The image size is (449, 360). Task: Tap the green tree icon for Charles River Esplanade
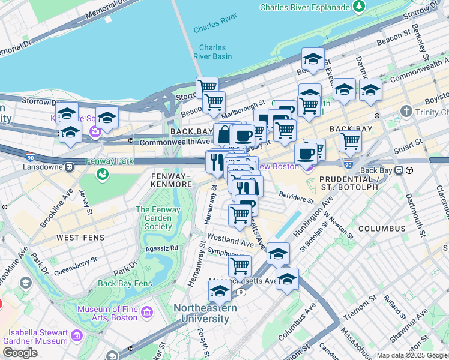pos(359,7)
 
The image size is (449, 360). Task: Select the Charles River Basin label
pos(212,52)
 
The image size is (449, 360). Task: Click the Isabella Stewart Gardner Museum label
pos(35,337)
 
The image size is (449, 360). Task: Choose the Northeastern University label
pos(205,313)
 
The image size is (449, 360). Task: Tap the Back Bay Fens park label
pos(125,283)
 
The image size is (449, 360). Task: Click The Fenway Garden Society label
pos(158,218)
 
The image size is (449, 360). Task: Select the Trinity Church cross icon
pos(406,112)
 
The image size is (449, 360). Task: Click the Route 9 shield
pos(241,292)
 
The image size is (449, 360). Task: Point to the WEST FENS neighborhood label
pos(80,238)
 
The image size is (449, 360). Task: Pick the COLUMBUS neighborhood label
pos(382,229)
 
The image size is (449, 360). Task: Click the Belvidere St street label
pos(296,196)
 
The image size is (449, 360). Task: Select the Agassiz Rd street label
pos(158,247)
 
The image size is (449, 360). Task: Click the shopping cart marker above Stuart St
pos(350,141)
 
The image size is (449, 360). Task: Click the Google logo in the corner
pos(20,353)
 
